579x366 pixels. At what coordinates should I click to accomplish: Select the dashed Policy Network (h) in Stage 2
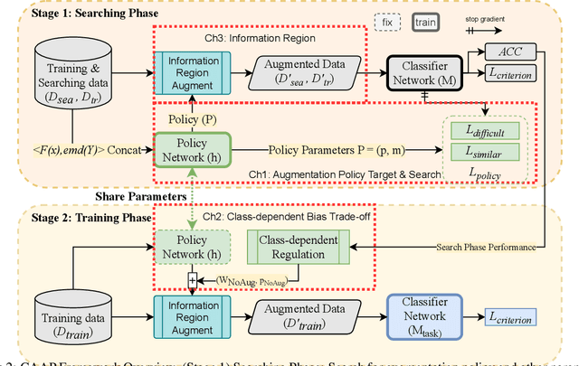tap(191, 249)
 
